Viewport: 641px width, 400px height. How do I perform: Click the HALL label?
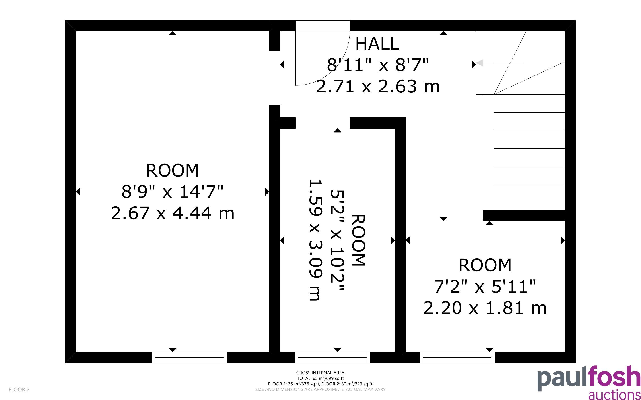click(x=377, y=44)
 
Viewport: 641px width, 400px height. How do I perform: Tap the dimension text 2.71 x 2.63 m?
click(x=378, y=86)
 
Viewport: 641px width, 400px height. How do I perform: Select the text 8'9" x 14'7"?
click(x=173, y=191)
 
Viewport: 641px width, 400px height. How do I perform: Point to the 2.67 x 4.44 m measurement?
click(x=173, y=213)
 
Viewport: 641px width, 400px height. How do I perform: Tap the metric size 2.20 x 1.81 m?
click(x=485, y=308)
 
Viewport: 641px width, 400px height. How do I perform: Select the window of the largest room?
click(x=190, y=357)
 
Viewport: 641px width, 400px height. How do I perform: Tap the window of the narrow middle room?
click(x=332, y=357)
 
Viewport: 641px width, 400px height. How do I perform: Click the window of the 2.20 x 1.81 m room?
click(x=457, y=357)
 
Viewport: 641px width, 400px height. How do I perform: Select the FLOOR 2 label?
click(x=19, y=389)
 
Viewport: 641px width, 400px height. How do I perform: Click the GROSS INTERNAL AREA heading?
click(x=320, y=373)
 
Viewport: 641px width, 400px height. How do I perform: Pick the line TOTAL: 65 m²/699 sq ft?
click(x=320, y=378)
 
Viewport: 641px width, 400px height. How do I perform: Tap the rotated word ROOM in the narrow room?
click(x=359, y=240)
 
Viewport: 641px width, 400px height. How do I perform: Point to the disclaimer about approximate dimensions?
click(x=320, y=389)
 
